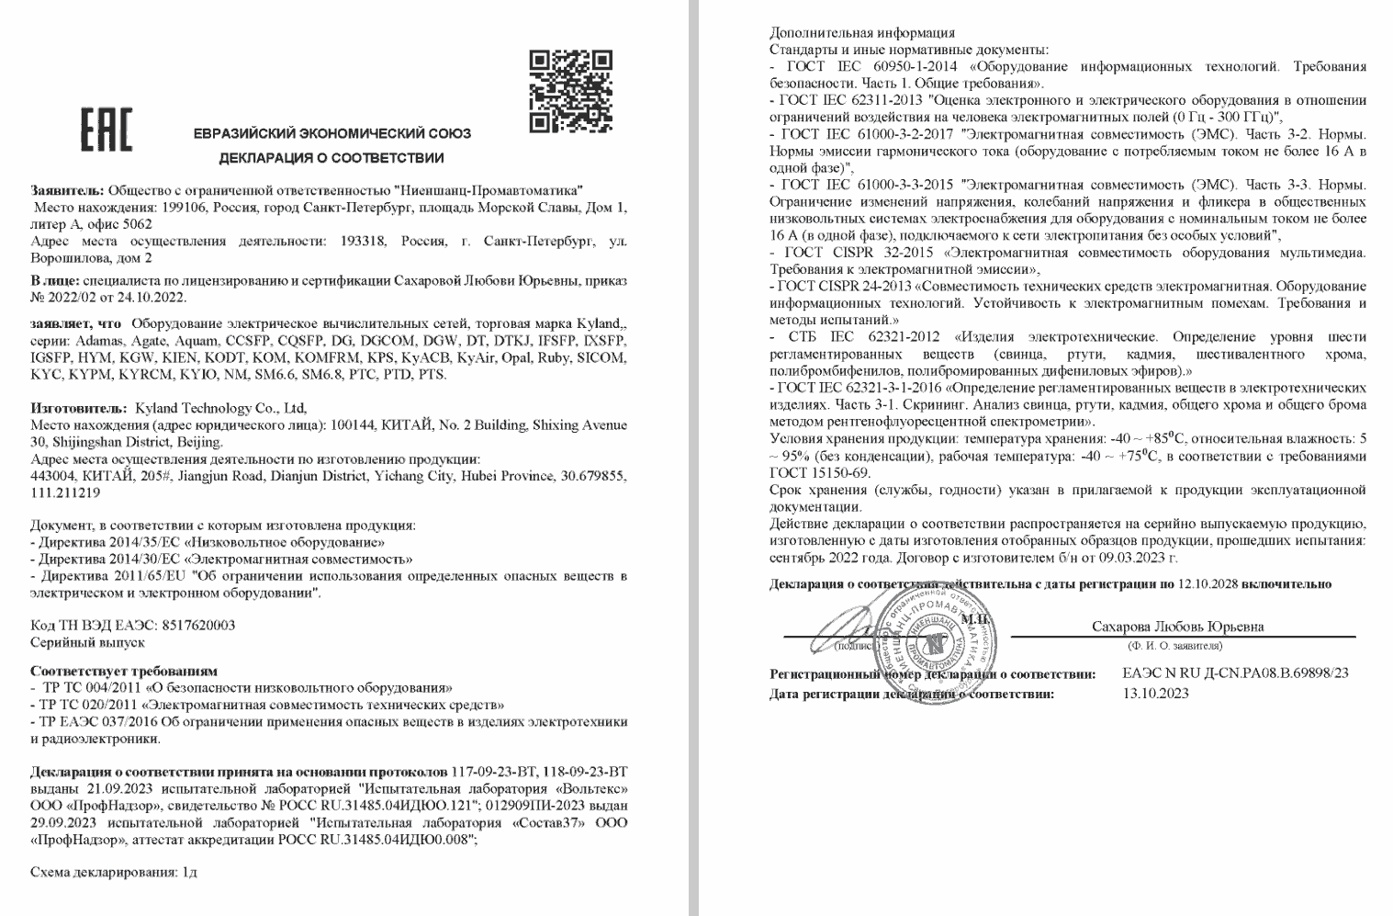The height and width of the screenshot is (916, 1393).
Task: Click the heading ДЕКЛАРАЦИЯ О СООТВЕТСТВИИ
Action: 331,158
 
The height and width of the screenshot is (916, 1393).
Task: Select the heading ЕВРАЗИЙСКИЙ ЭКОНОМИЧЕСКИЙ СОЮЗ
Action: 331,133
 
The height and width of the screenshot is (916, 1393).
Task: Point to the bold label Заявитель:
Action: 67,191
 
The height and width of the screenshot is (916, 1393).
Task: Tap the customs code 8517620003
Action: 198,625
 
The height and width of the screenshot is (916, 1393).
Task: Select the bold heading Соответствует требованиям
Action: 124,671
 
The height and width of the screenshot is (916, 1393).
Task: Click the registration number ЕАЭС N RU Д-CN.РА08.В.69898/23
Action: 1235,673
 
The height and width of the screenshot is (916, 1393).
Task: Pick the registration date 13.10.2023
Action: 1155,693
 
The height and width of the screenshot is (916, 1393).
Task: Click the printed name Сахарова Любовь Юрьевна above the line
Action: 1177,627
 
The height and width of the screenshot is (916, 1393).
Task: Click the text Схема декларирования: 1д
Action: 114,872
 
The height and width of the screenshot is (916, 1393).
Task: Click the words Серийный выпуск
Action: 87,642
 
